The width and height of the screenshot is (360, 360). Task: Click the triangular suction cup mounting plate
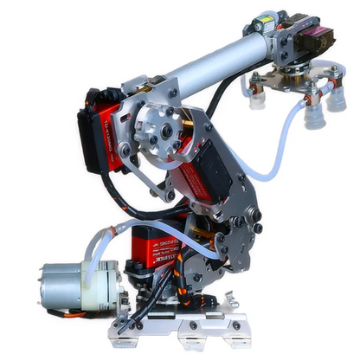coord(290,82)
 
